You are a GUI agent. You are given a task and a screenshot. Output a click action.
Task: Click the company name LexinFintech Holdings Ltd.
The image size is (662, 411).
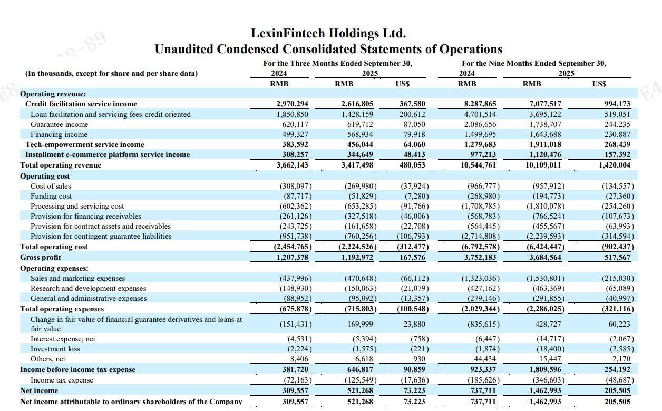tap(328, 34)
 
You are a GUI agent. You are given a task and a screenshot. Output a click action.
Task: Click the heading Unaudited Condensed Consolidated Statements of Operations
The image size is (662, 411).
tap(328, 49)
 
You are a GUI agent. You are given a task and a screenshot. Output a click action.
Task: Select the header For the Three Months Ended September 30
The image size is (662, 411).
tap(337, 63)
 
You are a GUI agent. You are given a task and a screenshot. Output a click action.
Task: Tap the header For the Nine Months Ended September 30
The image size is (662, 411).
tap(534, 63)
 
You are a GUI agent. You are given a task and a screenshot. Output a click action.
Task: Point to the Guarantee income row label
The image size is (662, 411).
tap(60, 124)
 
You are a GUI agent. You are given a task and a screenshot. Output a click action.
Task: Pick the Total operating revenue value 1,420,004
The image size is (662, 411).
tap(614, 165)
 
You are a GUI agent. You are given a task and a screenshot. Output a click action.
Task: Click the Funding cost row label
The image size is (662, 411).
tap(51, 196)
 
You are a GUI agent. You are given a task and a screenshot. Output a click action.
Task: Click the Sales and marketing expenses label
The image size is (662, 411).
tap(78, 278)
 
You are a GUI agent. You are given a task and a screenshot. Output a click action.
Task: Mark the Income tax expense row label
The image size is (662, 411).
tap(62, 380)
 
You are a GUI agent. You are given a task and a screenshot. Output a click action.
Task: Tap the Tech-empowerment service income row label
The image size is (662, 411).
tap(85, 144)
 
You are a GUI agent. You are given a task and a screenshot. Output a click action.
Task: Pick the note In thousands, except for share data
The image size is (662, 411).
tap(111, 73)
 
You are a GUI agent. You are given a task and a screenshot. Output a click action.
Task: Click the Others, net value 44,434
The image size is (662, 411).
tap(484, 359)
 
